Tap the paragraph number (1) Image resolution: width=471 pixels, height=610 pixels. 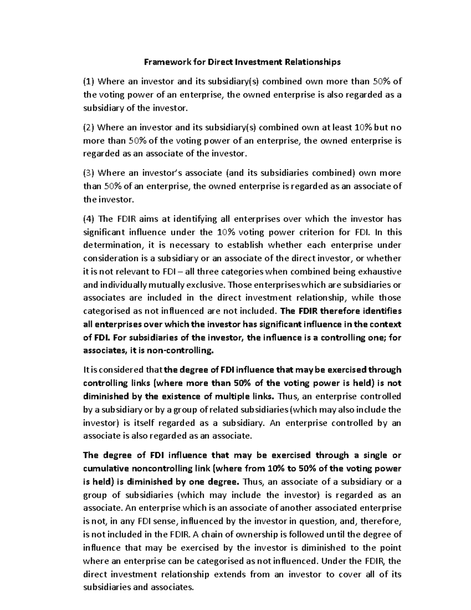(89, 81)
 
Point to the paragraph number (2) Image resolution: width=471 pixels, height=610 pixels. (89, 127)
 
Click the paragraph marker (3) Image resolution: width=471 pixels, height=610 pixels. (89, 173)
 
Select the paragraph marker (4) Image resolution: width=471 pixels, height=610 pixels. (89, 219)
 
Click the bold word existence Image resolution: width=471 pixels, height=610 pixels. (180, 396)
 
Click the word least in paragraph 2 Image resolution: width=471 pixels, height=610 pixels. (342, 127)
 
